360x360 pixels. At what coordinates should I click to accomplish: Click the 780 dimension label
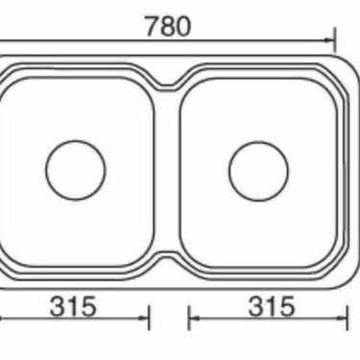pos(168,26)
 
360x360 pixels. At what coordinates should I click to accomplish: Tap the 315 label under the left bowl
pos(73,306)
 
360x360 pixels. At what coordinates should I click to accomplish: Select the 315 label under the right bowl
pos(272,306)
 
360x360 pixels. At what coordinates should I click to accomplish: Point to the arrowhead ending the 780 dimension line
pos(329,40)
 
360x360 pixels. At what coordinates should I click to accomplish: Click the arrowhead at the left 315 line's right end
pos(143,318)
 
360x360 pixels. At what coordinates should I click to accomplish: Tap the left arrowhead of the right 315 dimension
pos(194,318)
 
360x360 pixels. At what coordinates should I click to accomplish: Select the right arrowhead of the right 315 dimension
pos(342,318)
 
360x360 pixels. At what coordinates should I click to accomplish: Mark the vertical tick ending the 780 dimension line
pos(335,39)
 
